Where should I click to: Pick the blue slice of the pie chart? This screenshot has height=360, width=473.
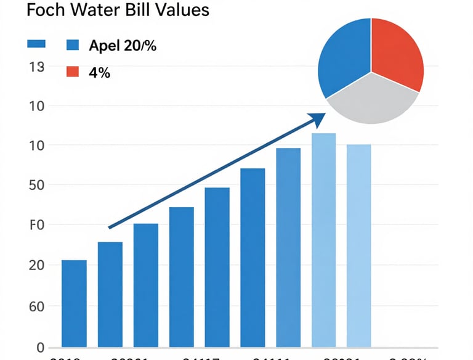coord(343,55)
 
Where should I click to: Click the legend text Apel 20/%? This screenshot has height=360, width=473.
coord(122,45)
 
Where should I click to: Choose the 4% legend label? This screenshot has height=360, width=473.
coord(99,72)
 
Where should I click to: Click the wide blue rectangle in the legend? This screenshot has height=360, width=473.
coord(37,44)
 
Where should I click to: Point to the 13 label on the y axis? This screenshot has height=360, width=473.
coord(36,67)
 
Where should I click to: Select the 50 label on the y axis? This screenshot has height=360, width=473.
coord(36,186)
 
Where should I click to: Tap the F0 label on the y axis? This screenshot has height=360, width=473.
coord(36,225)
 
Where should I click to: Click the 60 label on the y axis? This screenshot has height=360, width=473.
coord(36,306)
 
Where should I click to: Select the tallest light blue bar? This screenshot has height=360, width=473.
coord(323,240)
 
